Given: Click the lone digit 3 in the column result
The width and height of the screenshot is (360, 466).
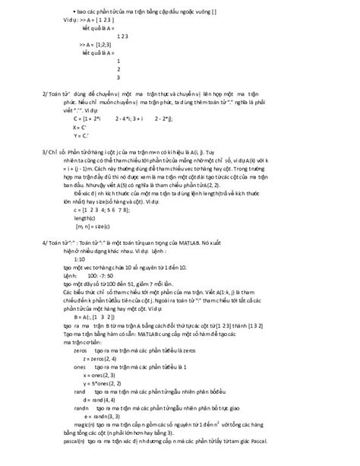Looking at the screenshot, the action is (x=118, y=77).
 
